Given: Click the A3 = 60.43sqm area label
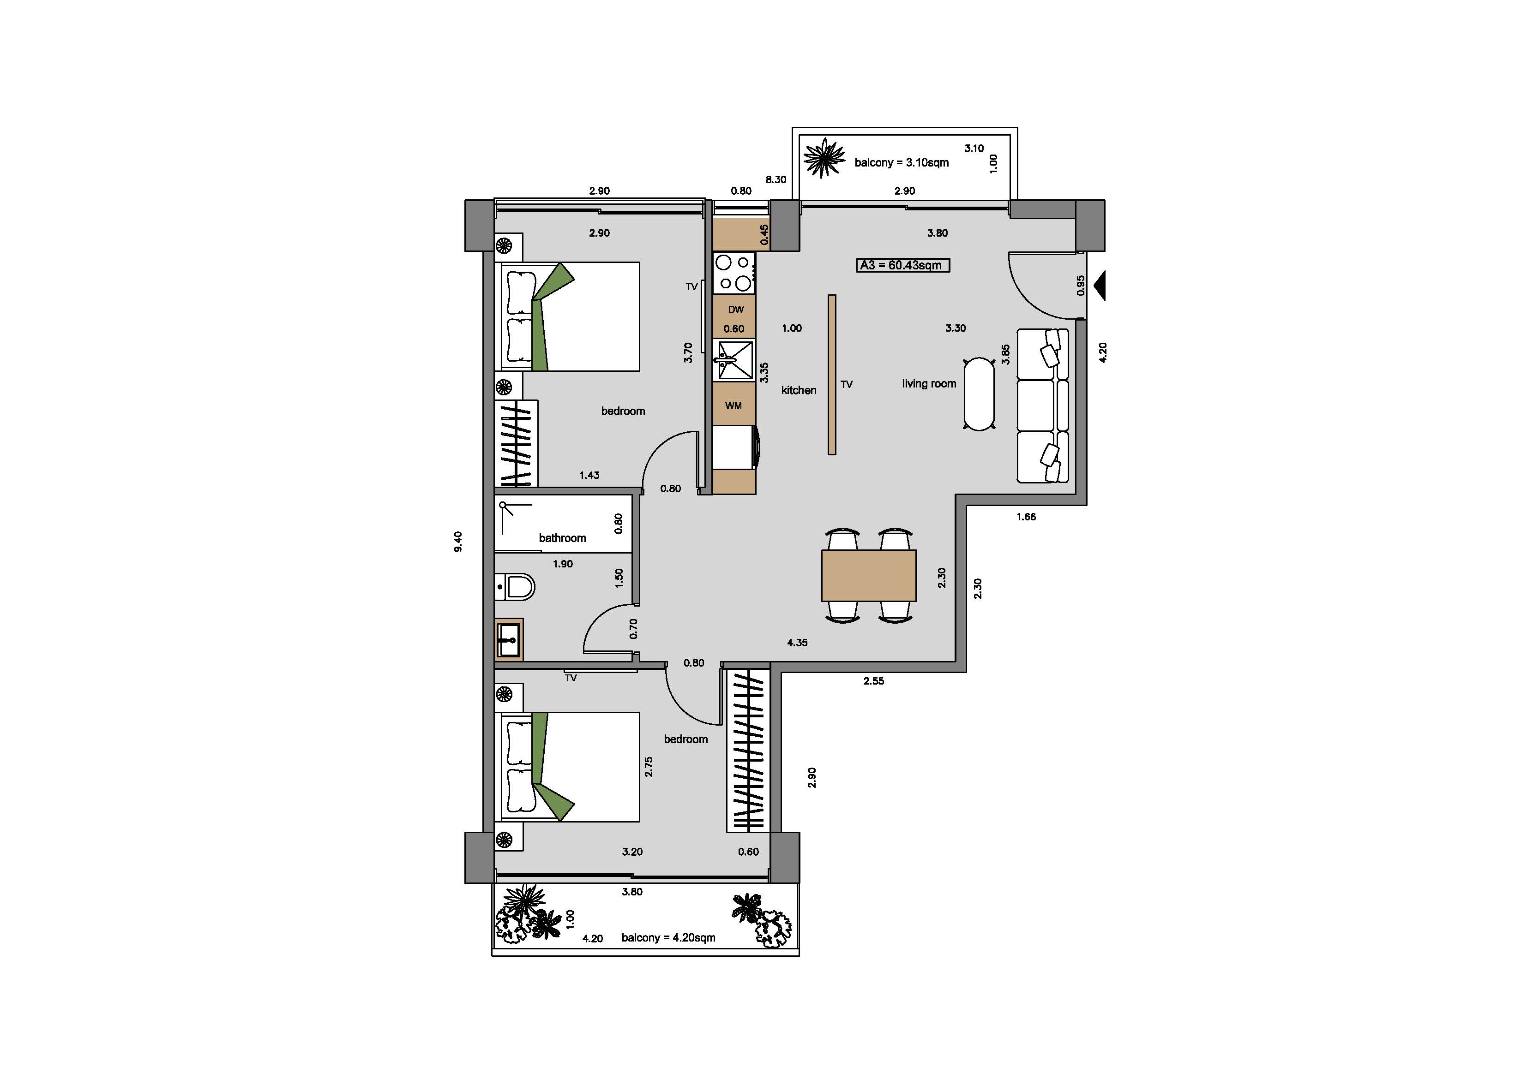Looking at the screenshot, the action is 902,265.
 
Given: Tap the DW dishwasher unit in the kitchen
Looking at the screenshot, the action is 734,316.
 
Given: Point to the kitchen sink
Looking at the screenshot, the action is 734,360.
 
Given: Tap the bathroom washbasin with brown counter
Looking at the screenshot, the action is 509,639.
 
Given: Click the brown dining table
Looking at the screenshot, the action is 869,575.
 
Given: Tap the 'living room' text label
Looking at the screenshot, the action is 929,384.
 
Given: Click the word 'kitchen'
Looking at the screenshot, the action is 799,390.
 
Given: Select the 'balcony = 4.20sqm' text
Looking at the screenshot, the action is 668,937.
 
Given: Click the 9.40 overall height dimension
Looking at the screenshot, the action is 457,542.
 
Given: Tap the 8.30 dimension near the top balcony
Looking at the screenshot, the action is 776,179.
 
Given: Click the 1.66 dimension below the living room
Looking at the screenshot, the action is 1026,517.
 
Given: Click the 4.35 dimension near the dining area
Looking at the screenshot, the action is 797,642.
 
